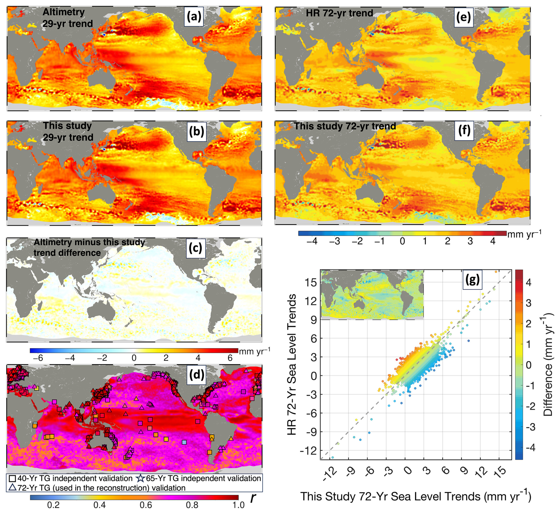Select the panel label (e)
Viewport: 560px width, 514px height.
click(x=463, y=17)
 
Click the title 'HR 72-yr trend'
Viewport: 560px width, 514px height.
click(x=339, y=13)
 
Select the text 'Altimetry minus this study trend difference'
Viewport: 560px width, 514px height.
click(x=89, y=247)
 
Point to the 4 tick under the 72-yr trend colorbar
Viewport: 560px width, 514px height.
click(x=493, y=241)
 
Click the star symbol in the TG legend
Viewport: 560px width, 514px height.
click(x=140, y=478)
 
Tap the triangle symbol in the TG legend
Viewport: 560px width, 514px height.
click(x=12, y=487)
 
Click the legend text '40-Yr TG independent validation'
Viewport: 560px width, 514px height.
click(x=75, y=478)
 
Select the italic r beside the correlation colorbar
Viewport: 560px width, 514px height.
click(x=252, y=498)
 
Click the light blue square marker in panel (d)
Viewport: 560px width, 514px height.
click(x=184, y=442)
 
